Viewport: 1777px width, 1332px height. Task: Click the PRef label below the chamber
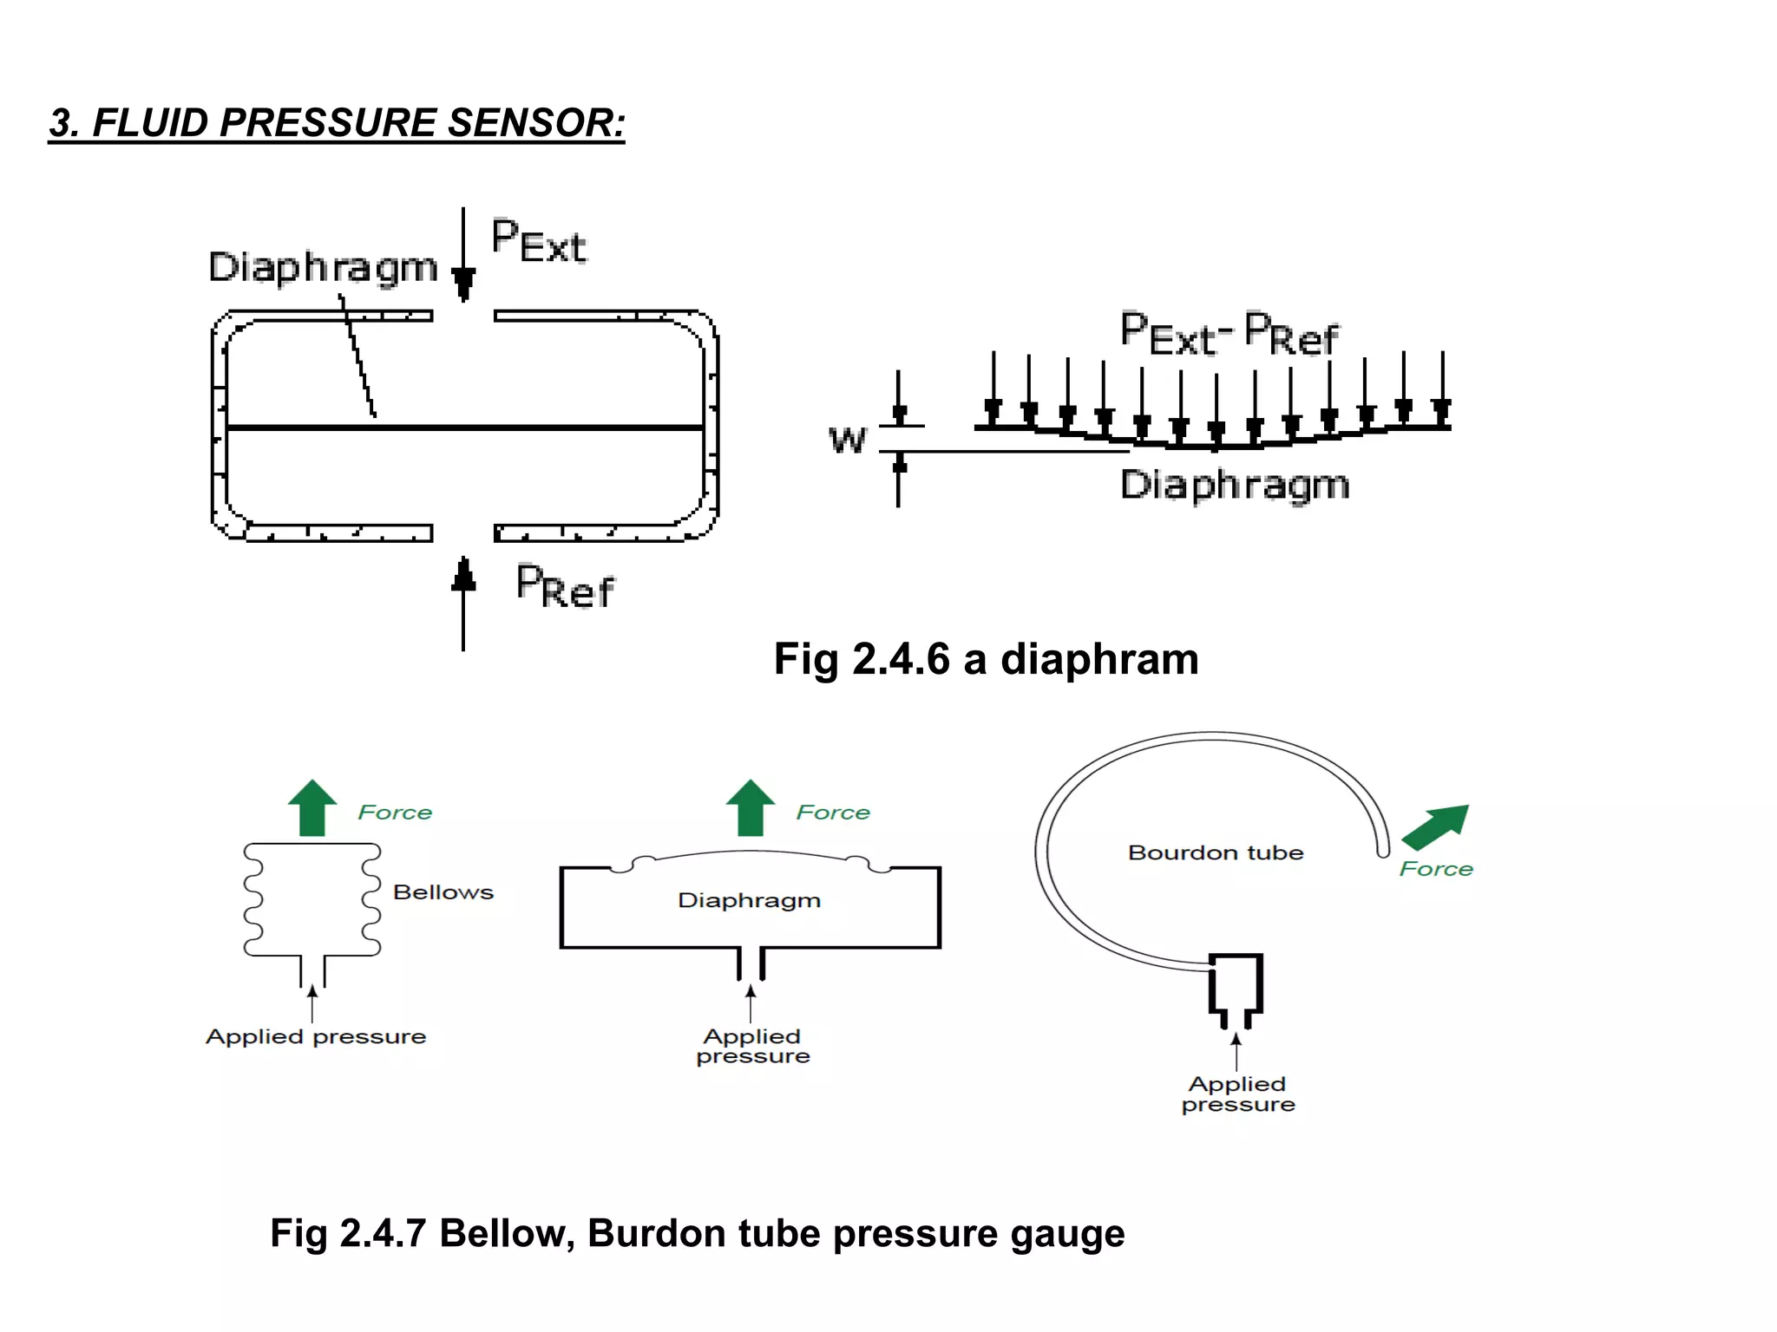pos(565,586)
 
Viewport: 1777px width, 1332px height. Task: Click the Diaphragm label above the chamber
pos(323,268)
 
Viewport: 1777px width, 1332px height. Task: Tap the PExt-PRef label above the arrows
pos(1229,334)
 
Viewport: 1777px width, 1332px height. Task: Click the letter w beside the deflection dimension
pos(847,440)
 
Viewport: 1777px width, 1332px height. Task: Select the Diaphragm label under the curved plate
pos(1235,485)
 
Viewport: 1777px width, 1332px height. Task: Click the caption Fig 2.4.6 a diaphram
pos(986,659)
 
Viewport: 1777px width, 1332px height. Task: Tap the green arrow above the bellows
pos(312,807)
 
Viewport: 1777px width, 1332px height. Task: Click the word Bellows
pos(443,892)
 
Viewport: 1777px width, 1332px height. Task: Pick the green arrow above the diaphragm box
pos(751,807)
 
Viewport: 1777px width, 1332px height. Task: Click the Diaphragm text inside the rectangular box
pos(749,901)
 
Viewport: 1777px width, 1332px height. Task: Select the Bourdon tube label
pos(1215,853)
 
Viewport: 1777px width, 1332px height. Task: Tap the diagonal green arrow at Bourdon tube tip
pos(1436,826)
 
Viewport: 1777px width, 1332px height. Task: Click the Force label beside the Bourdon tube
pos(1436,869)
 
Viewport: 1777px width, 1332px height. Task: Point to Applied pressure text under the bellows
pos(316,1037)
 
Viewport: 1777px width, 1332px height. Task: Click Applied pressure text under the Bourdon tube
pos(1237,1094)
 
